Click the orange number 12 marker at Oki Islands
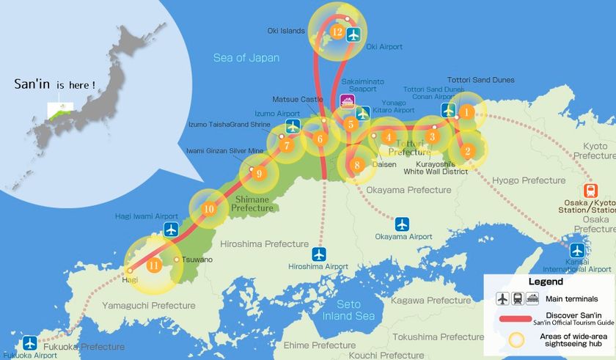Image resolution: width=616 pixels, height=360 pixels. coord(337,32)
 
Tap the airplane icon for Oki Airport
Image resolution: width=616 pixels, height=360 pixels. coord(353,34)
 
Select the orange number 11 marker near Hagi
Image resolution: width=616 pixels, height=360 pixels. coord(153,265)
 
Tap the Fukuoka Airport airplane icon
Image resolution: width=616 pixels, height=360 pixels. coord(29,342)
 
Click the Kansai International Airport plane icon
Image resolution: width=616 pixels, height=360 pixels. coord(577,250)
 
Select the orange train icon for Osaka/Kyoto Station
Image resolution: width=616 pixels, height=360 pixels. coord(592,189)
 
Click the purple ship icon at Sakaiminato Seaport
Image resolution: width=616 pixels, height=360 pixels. coord(348,103)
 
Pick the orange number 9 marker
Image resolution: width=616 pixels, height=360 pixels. coord(258,174)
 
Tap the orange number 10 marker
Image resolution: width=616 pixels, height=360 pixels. coord(209,209)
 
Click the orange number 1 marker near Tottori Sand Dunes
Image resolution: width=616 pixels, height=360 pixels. coord(466,112)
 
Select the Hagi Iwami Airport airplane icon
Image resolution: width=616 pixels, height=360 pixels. coord(172,229)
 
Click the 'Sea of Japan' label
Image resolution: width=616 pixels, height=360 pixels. coord(246,58)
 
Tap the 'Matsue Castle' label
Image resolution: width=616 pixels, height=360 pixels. coord(297,98)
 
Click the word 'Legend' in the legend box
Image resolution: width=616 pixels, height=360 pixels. coord(546,281)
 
